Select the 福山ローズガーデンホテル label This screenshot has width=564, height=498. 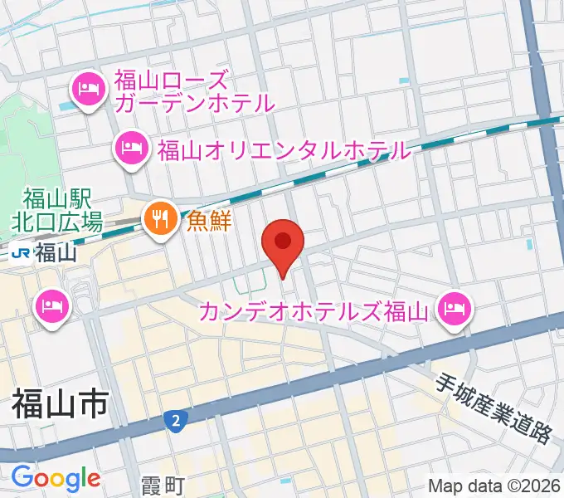[x=195, y=92]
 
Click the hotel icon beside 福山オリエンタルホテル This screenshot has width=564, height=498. [x=131, y=150]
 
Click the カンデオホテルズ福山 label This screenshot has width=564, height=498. [x=314, y=312]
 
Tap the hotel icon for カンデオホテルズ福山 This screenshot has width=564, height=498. [x=454, y=312]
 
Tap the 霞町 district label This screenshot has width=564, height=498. [x=161, y=483]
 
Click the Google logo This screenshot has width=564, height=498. [x=56, y=478]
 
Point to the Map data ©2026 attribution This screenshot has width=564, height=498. [x=494, y=486]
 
